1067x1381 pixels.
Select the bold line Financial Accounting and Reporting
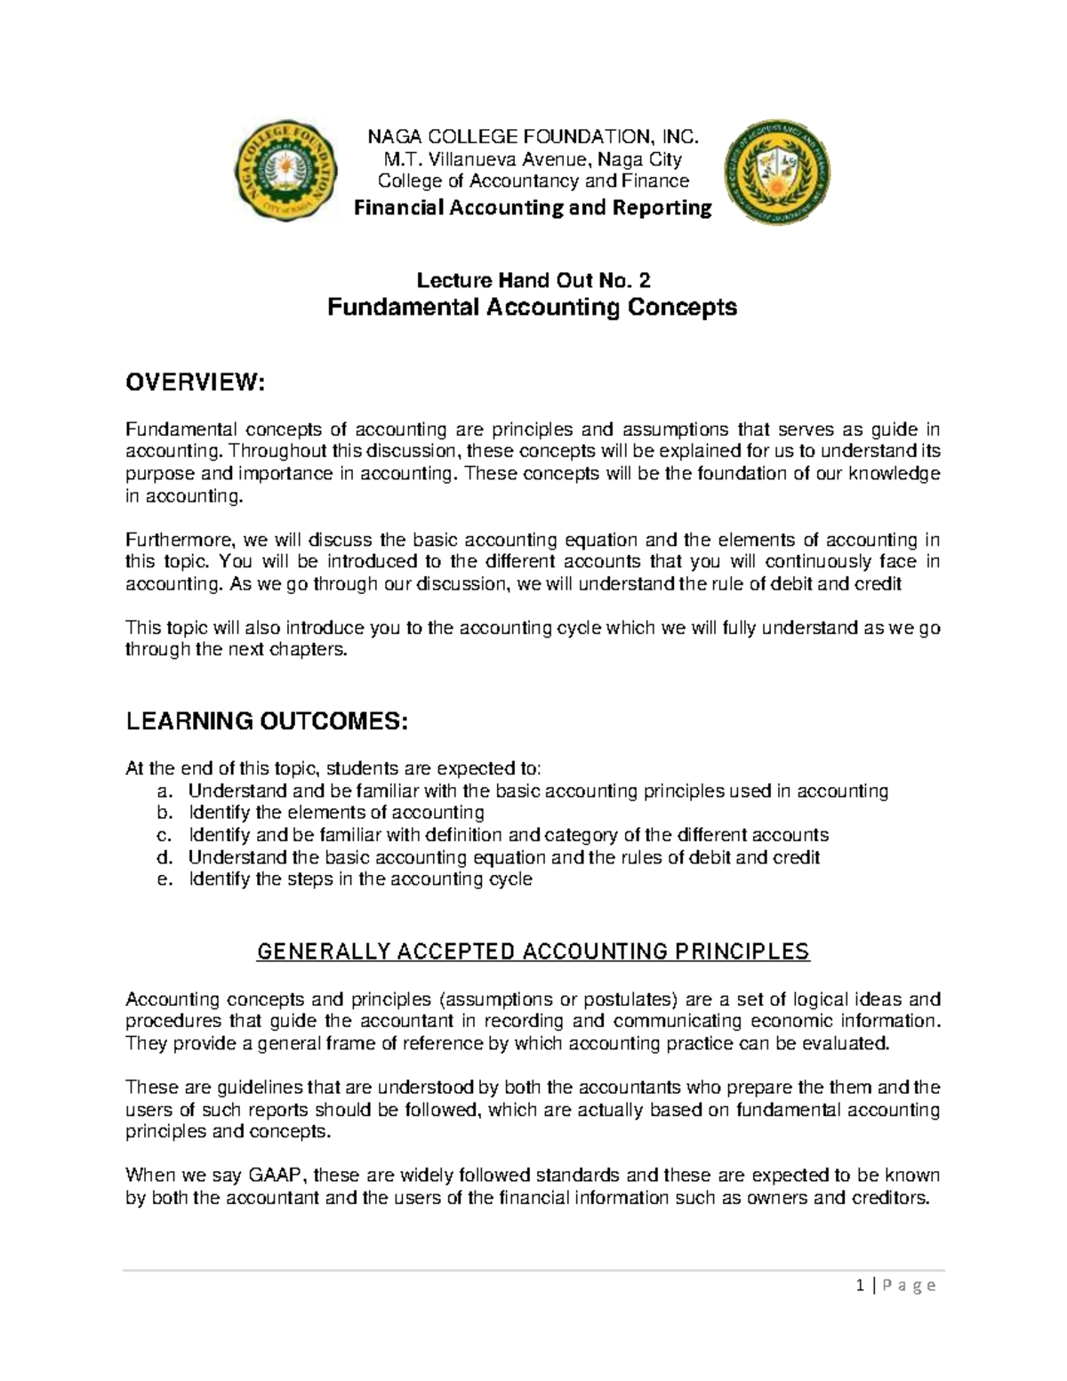533,208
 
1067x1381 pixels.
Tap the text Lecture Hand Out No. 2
533,281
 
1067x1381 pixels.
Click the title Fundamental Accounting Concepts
533,308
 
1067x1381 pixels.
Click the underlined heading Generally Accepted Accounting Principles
533,952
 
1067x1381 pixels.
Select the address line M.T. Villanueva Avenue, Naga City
533,160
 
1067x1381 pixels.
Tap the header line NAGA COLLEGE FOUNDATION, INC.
533,137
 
